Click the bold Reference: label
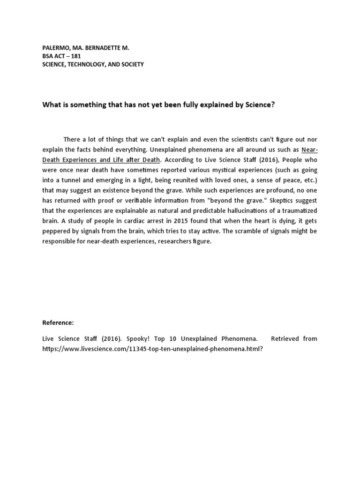58,322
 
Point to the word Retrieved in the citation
286,338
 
